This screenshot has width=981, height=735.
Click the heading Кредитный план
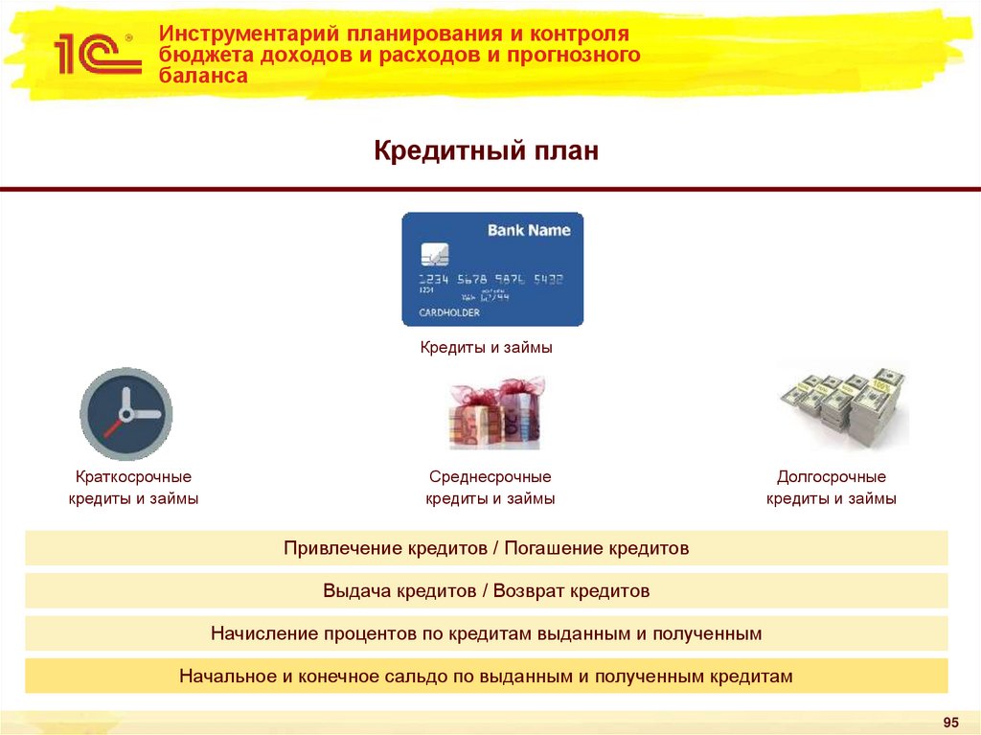(486, 150)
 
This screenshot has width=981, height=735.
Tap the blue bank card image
(492, 269)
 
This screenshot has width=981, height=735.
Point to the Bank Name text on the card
(529, 230)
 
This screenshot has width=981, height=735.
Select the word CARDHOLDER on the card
(449, 312)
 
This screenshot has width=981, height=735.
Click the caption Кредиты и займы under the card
(487, 347)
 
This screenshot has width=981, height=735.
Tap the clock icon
(125, 413)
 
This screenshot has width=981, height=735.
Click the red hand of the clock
(116, 425)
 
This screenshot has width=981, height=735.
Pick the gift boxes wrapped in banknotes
(495, 413)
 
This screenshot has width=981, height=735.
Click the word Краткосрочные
(133, 476)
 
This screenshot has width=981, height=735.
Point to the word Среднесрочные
(490, 476)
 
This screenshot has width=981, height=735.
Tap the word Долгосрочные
(832, 476)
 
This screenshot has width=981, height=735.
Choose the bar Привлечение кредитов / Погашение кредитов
(487, 549)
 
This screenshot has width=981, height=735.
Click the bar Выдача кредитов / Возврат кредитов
(487, 591)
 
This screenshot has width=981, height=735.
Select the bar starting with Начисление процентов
(487, 633)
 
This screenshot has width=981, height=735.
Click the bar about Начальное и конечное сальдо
(487, 676)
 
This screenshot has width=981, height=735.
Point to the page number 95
(951, 722)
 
